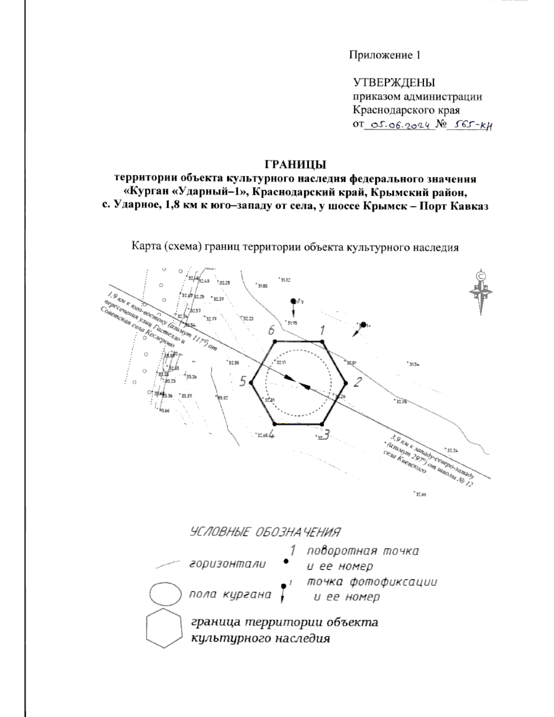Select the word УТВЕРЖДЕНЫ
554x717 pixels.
pos(394,83)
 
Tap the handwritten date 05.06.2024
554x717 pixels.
pos(400,125)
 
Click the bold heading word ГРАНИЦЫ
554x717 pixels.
pos(295,165)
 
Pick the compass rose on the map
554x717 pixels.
pos(481,292)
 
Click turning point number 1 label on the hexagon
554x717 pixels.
pos(323,330)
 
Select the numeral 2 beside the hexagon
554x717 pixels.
pos(356,381)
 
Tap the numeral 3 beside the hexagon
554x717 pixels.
pos(326,434)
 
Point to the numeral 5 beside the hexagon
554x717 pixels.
pos(242,381)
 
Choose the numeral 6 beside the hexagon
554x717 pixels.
pos(271,330)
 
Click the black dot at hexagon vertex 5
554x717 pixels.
pos(252,382)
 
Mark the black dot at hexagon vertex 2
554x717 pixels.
pos(345,382)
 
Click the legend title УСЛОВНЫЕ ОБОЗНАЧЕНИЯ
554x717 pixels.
pos(265,532)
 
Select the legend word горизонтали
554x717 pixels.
pos(228,564)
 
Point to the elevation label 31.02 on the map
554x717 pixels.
pos(285,280)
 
